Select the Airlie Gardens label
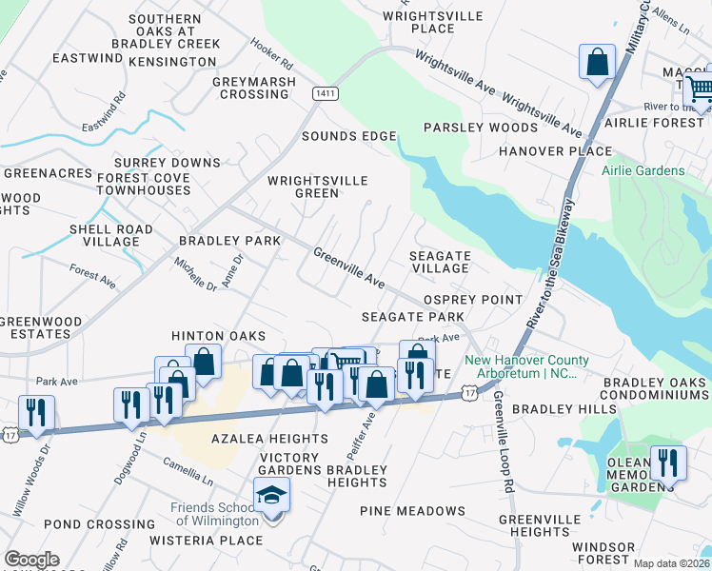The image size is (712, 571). pos(643,171)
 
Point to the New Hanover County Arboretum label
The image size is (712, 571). pos(526,367)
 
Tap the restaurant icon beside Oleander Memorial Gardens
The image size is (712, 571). pos(668,462)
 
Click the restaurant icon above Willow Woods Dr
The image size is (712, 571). pos(36,412)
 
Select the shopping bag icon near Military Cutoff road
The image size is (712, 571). pos(597,63)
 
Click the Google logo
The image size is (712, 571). pos(31,560)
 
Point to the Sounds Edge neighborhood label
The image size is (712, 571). pos(348,136)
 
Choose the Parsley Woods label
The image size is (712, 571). pos(481,128)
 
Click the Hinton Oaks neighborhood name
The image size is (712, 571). pos(218,336)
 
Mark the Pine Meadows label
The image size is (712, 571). pos(412,511)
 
